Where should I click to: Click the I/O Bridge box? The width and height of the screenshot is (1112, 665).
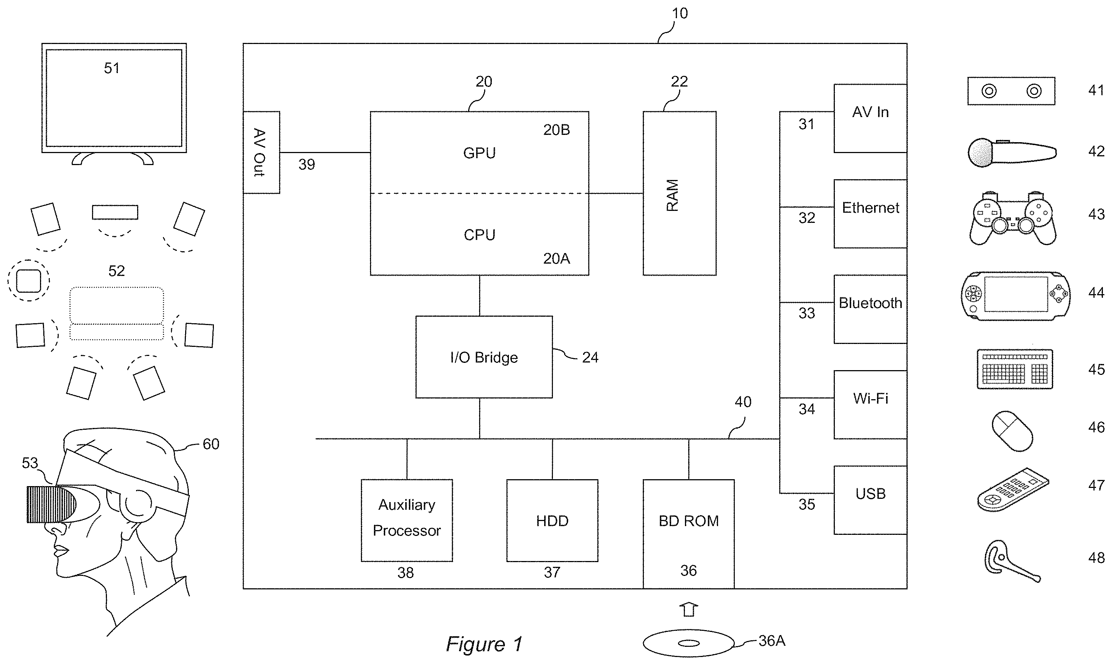tap(484, 357)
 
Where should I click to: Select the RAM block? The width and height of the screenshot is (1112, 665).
tap(679, 193)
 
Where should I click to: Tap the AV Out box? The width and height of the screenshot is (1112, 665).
tap(261, 152)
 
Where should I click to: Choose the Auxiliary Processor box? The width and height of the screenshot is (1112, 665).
tap(407, 520)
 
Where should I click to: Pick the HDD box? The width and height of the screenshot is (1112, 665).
tap(552, 520)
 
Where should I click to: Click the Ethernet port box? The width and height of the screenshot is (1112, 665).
tap(870, 213)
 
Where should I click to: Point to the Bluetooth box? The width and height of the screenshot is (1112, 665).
tap(870, 309)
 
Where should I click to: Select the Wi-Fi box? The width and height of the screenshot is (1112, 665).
tap(870, 404)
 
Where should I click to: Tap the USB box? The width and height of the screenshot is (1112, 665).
tap(870, 500)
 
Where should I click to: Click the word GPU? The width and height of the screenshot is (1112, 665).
tap(479, 153)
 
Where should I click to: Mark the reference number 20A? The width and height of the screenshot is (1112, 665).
tap(556, 259)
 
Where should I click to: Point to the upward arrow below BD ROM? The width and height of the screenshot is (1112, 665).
tap(689, 609)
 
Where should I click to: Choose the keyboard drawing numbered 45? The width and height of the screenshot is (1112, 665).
tap(1015, 369)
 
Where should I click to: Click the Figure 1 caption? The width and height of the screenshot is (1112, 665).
tap(484, 644)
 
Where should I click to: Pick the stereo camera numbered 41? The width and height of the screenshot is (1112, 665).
tap(1011, 91)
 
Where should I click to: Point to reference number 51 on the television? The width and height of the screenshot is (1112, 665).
tap(112, 68)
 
